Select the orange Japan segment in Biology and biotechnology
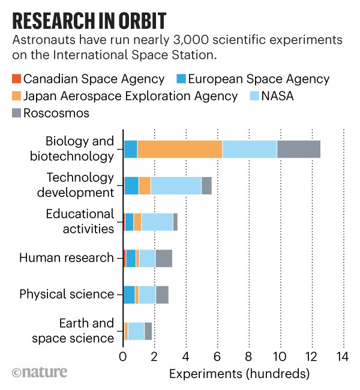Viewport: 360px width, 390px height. coord(180,149)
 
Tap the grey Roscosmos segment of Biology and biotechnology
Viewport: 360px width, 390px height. coord(299,149)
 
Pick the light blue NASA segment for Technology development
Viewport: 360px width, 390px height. coord(176,185)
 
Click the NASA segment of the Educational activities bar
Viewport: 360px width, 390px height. coord(157,222)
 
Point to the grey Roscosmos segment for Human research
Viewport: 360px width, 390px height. coord(164,259)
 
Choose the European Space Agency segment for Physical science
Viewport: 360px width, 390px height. coord(129,295)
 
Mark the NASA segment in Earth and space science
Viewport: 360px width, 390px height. coord(136,331)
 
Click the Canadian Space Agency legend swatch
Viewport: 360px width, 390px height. coord(16,79)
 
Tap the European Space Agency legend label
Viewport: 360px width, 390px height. coord(260,79)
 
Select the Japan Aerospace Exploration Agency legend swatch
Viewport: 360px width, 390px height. coord(16,96)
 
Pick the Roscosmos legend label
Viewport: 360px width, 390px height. coord(52,113)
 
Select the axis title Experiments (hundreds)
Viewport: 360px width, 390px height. coord(239,375)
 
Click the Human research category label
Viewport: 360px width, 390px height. coord(66,259)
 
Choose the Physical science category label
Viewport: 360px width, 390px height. coord(66,295)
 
